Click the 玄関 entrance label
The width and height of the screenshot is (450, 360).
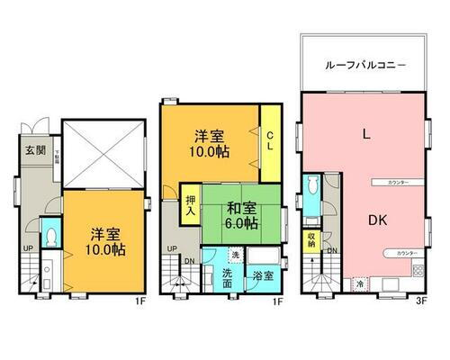(34, 149)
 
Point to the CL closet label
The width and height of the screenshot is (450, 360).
(269, 141)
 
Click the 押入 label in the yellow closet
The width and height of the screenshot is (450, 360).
(191, 208)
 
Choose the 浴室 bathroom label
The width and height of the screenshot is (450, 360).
(264, 274)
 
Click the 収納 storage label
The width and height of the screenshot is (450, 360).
(311, 240)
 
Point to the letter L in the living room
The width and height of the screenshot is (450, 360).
(365, 135)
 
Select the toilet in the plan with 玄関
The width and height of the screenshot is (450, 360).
(50, 237)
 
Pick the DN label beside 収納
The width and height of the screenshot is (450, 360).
(332, 250)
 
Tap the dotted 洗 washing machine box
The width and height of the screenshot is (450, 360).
(235, 255)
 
